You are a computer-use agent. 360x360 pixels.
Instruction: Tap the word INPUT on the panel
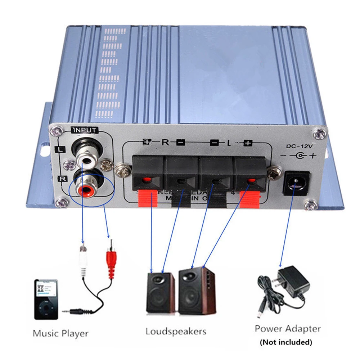85,130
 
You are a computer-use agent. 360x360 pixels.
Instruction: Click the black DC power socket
296,183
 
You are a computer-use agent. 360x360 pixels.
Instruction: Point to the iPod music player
46,299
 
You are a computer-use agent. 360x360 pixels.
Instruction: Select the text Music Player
60,333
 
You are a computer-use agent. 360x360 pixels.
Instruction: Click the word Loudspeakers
176,331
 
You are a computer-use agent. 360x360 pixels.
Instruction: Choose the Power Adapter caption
287,328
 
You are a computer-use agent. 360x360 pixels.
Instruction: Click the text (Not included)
286,342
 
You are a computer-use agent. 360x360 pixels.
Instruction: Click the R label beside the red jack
60,177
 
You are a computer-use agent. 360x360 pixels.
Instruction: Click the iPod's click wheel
46,309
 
